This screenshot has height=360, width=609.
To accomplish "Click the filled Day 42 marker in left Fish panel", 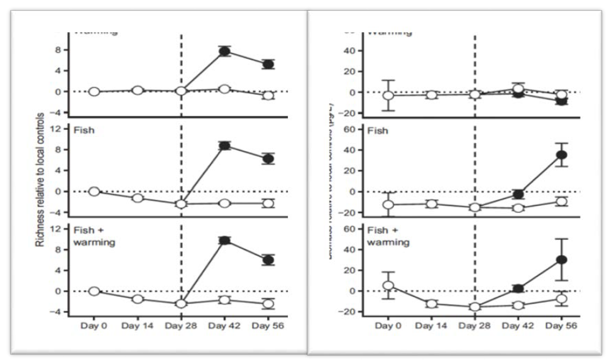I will click(x=224, y=146).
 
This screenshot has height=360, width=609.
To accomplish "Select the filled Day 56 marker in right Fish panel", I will click(x=561, y=155).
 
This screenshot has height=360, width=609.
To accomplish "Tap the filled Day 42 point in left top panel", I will click(x=224, y=52).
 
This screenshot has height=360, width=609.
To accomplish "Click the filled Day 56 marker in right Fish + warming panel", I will click(x=561, y=259).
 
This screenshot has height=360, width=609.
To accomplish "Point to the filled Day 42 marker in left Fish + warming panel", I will click(x=224, y=241).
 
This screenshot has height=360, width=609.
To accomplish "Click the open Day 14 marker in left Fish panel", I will click(x=138, y=199).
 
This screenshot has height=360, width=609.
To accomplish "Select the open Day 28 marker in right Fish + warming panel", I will click(x=475, y=307).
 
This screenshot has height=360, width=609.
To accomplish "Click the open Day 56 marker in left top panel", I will click(x=268, y=95).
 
